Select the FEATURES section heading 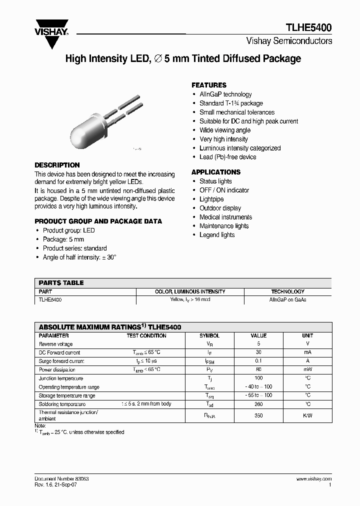click(x=209, y=85)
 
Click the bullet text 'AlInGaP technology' click(x=225, y=94)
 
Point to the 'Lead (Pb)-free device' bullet click(x=227, y=157)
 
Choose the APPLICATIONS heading click(x=216, y=172)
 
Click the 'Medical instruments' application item click(x=225, y=217)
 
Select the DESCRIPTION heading click(x=57, y=165)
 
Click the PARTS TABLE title click(x=61, y=282)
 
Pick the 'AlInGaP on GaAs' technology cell click(x=287, y=299)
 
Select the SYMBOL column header click(x=209, y=335)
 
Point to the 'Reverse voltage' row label click(x=55, y=344)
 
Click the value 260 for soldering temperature click(x=258, y=404)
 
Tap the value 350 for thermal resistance click(x=258, y=415)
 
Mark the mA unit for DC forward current click(x=307, y=352)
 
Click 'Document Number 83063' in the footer click(x=62, y=478)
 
